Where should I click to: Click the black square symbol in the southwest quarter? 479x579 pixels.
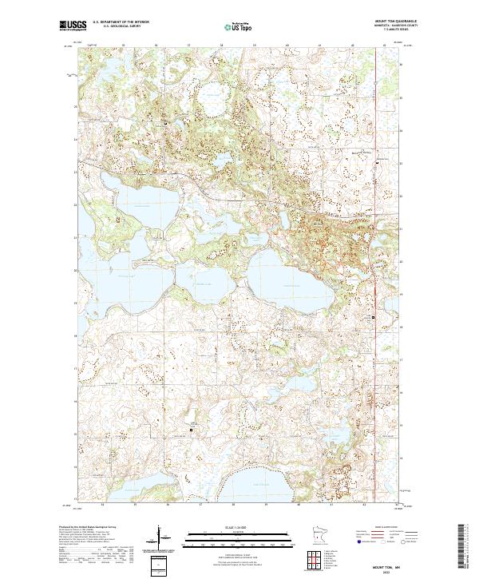coord(192,430)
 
